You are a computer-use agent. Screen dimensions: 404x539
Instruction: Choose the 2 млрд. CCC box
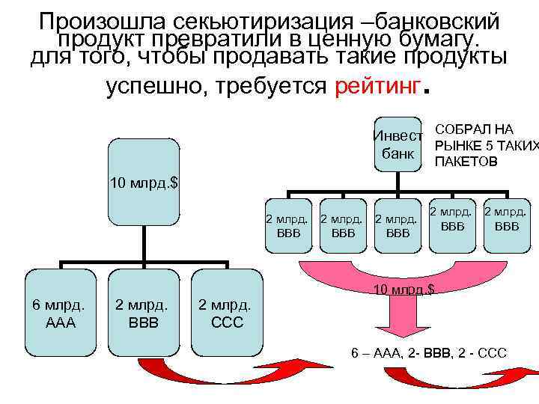click(x=227, y=312)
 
